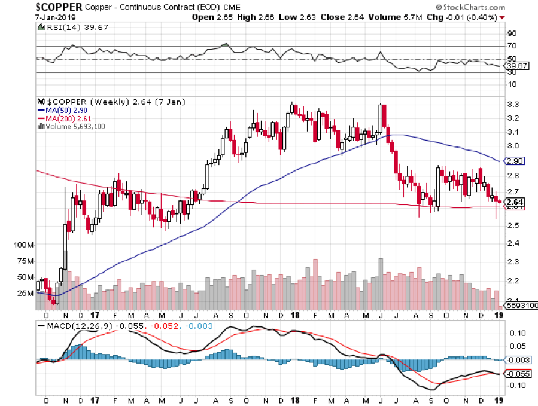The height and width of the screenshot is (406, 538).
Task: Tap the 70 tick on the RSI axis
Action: (512, 46)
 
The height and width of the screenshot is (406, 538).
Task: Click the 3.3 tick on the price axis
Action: (512, 105)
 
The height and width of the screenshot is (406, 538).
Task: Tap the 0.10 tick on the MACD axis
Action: (517, 332)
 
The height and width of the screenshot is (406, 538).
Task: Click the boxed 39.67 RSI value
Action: (517, 66)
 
